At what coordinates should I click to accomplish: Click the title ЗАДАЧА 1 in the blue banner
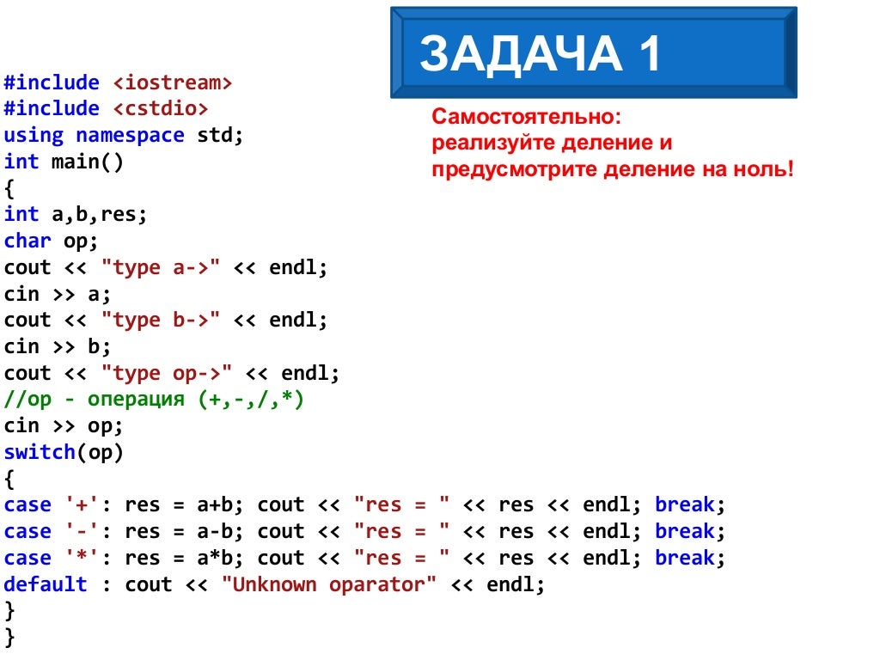point(541,54)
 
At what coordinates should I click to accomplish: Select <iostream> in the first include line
point(172,82)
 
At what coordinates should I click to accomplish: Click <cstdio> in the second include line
point(160,109)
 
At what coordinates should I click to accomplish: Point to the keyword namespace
point(130,136)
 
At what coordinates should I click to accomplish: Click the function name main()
point(88,162)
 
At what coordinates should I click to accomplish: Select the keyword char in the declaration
point(27,241)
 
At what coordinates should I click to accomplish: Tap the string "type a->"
point(162,267)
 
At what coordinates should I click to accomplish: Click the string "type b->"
point(162,321)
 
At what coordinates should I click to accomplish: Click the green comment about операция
point(154,400)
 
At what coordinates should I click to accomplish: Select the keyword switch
point(40,452)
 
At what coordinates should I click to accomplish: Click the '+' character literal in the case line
point(82,505)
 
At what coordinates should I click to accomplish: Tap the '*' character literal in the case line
point(82,558)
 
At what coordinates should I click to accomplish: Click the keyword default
point(46,584)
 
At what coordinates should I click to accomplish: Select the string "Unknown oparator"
point(329,584)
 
